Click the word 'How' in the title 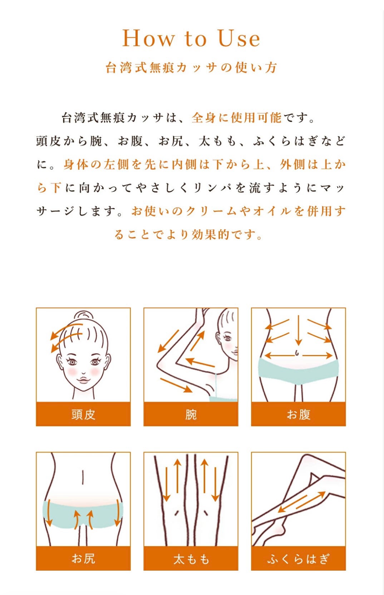[x=149, y=38]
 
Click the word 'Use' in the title [x=238, y=38]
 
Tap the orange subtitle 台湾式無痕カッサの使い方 [x=191, y=67]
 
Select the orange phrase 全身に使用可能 [x=236, y=117]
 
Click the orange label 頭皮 [x=83, y=414]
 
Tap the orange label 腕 [x=191, y=414]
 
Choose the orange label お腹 [x=298, y=414]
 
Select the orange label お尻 [x=83, y=558]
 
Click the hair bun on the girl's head [x=83, y=316]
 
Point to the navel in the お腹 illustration [x=297, y=353]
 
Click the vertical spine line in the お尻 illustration [x=83, y=477]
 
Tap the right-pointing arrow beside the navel [x=317, y=355]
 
